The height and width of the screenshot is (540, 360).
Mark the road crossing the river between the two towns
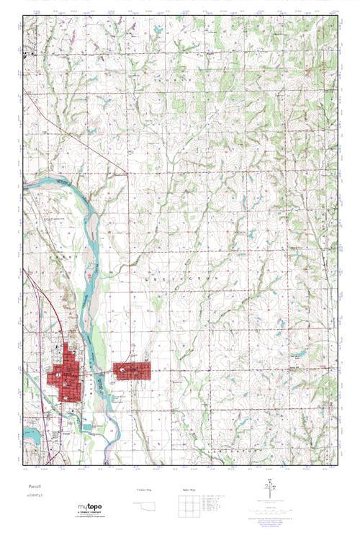[97, 375]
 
